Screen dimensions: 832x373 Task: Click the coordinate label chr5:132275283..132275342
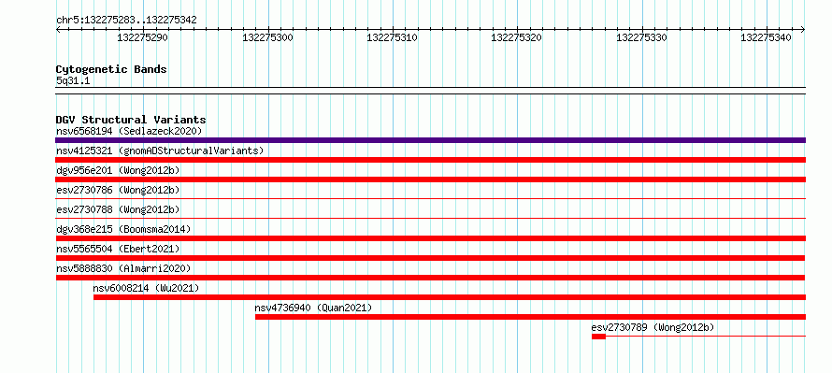(x=126, y=21)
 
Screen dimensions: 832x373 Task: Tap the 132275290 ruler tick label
(x=142, y=37)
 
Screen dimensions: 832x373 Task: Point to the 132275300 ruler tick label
(x=267, y=37)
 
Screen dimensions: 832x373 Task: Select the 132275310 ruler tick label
(x=392, y=37)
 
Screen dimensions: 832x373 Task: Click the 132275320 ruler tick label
(x=517, y=37)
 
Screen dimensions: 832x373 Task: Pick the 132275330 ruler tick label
(x=641, y=37)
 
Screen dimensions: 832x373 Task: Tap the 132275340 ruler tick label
(x=767, y=37)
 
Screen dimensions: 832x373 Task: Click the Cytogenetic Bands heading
(x=111, y=69)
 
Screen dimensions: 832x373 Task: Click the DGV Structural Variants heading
(x=131, y=120)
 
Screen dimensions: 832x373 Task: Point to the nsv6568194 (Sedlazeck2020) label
(x=129, y=131)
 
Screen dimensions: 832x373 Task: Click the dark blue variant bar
(x=430, y=140)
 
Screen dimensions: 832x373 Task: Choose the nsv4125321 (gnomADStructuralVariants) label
(x=160, y=151)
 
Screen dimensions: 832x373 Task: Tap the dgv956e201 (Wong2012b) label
(x=118, y=170)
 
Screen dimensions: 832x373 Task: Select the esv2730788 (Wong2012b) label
(x=118, y=209)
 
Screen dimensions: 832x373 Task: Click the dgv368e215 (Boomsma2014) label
(x=123, y=229)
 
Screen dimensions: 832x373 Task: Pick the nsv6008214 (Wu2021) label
(x=146, y=288)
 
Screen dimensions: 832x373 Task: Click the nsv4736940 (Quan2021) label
(x=313, y=308)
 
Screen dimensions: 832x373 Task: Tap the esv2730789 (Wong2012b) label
(x=653, y=327)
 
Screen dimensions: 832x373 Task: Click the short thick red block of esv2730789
(x=598, y=337)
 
